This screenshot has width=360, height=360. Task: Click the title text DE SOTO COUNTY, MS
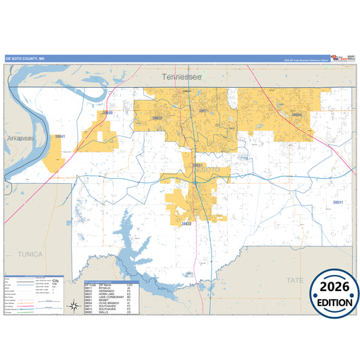pyautogui.click(x=25, y=59)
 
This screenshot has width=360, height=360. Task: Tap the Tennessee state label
pyautogui.click(x=182, y=78)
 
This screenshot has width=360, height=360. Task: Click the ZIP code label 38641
pyautogui.click(x=60, y=136)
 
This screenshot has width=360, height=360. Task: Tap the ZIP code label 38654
pyautogui.click(x=297, y=115)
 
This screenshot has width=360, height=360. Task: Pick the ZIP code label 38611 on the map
pyautogui.click(x=338, y=202)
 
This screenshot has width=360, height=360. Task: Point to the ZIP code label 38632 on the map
pyautogui.click(x=186, y=224)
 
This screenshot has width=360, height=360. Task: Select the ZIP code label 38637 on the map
pyautogui.click(x=157, y=118)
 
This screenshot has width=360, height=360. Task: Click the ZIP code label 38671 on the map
pyautogui.click(x=203, y=110)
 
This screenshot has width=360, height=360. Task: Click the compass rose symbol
pyautogui.click(x=73, y=307)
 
